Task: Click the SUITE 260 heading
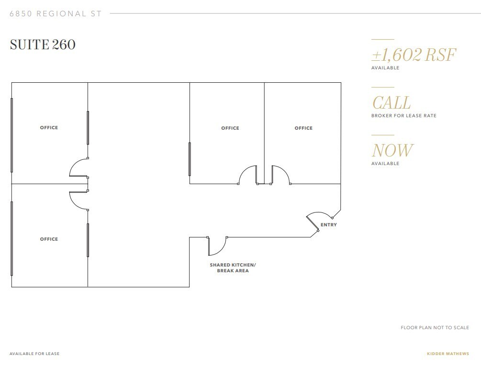click(x=43, y=44)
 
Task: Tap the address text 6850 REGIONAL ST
click(x=56, y=13)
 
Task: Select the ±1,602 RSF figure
click(x=414, y=55)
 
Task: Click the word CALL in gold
click(x=391, y=103)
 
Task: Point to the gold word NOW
click(x=392, y=151)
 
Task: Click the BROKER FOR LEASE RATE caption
click(x=403, y=116)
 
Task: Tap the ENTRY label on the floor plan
click(x=329, y=225)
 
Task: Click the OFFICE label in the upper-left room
click(x=49, y=128)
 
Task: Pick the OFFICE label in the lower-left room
click(x=49, y=239)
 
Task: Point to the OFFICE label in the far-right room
click(x=303, y=128)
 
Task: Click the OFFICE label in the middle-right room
click(x=230, y=128)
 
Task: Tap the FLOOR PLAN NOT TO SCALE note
click(x=435, y=328)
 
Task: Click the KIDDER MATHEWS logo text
click(x=447, y=354)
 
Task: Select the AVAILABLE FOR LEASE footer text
click(x=34, y=354)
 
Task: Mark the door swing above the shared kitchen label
click(x=218, y=246)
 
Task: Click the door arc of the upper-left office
click(x=78, y=167)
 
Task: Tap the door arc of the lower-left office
click(x=78, y=201)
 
